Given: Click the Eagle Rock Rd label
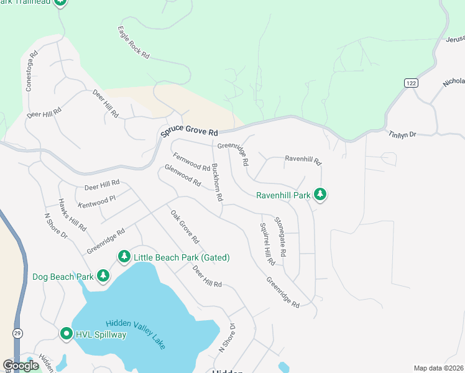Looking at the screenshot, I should point(134,43).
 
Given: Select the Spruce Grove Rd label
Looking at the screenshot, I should point(189,132).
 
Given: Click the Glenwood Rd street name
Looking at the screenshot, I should point(182,176).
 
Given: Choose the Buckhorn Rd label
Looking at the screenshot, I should point(217,182).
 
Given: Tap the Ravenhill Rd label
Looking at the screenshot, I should point(303,160).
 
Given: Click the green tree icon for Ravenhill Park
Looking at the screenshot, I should point(320,195).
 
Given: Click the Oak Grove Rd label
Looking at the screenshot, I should point(185,226).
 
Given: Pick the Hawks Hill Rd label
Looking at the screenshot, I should point(72,214).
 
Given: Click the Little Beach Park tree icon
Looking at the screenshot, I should point(124,257).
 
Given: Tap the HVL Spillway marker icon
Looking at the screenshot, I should point(67,334).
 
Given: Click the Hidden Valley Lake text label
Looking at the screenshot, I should point(136,334).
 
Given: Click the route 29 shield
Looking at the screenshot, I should point(17,333).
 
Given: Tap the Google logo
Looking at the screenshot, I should point(21,366).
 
